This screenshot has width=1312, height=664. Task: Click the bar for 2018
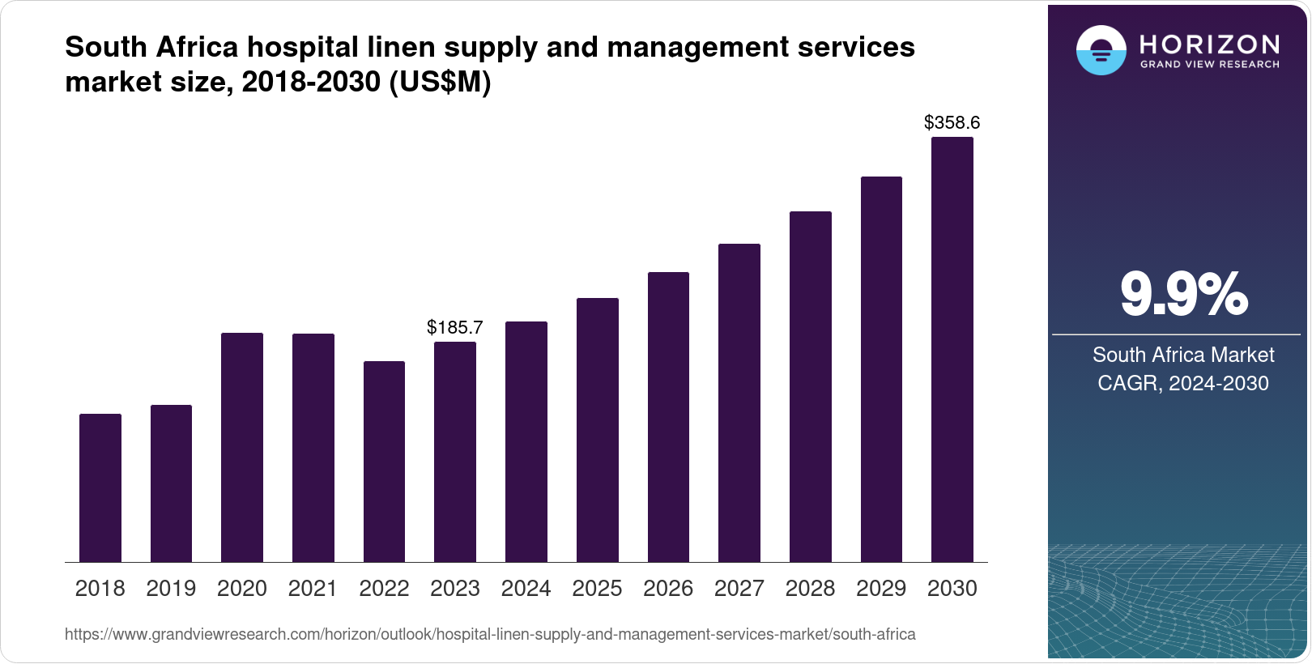[100, 487]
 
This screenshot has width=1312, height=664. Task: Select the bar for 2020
[242, 447]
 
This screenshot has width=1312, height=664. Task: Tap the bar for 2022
[384, 462]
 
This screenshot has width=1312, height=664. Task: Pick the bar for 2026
[668, 417]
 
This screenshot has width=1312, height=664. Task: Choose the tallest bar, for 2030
[952, 349]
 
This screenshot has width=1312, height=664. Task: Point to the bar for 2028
[811, 386]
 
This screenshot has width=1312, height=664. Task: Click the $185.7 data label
[455, 327]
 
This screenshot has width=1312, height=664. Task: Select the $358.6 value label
[952, 122]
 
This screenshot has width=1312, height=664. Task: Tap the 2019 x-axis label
[171, 589]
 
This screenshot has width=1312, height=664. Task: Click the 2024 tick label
[526, 589]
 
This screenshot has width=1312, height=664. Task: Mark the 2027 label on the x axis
[739, 589]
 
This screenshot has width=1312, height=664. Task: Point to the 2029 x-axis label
[881, 589]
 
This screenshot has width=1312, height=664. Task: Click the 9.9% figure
[1183, 294]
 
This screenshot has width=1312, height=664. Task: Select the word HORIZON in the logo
[1210, 44]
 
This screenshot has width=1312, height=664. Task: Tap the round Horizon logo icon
[1101, 51]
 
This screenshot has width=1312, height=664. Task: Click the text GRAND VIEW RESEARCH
[1210, 64]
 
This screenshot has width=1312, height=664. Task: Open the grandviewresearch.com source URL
[490, 634]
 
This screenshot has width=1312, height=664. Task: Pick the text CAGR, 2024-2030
[1183, 383]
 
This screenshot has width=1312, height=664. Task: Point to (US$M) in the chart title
[441, 82]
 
